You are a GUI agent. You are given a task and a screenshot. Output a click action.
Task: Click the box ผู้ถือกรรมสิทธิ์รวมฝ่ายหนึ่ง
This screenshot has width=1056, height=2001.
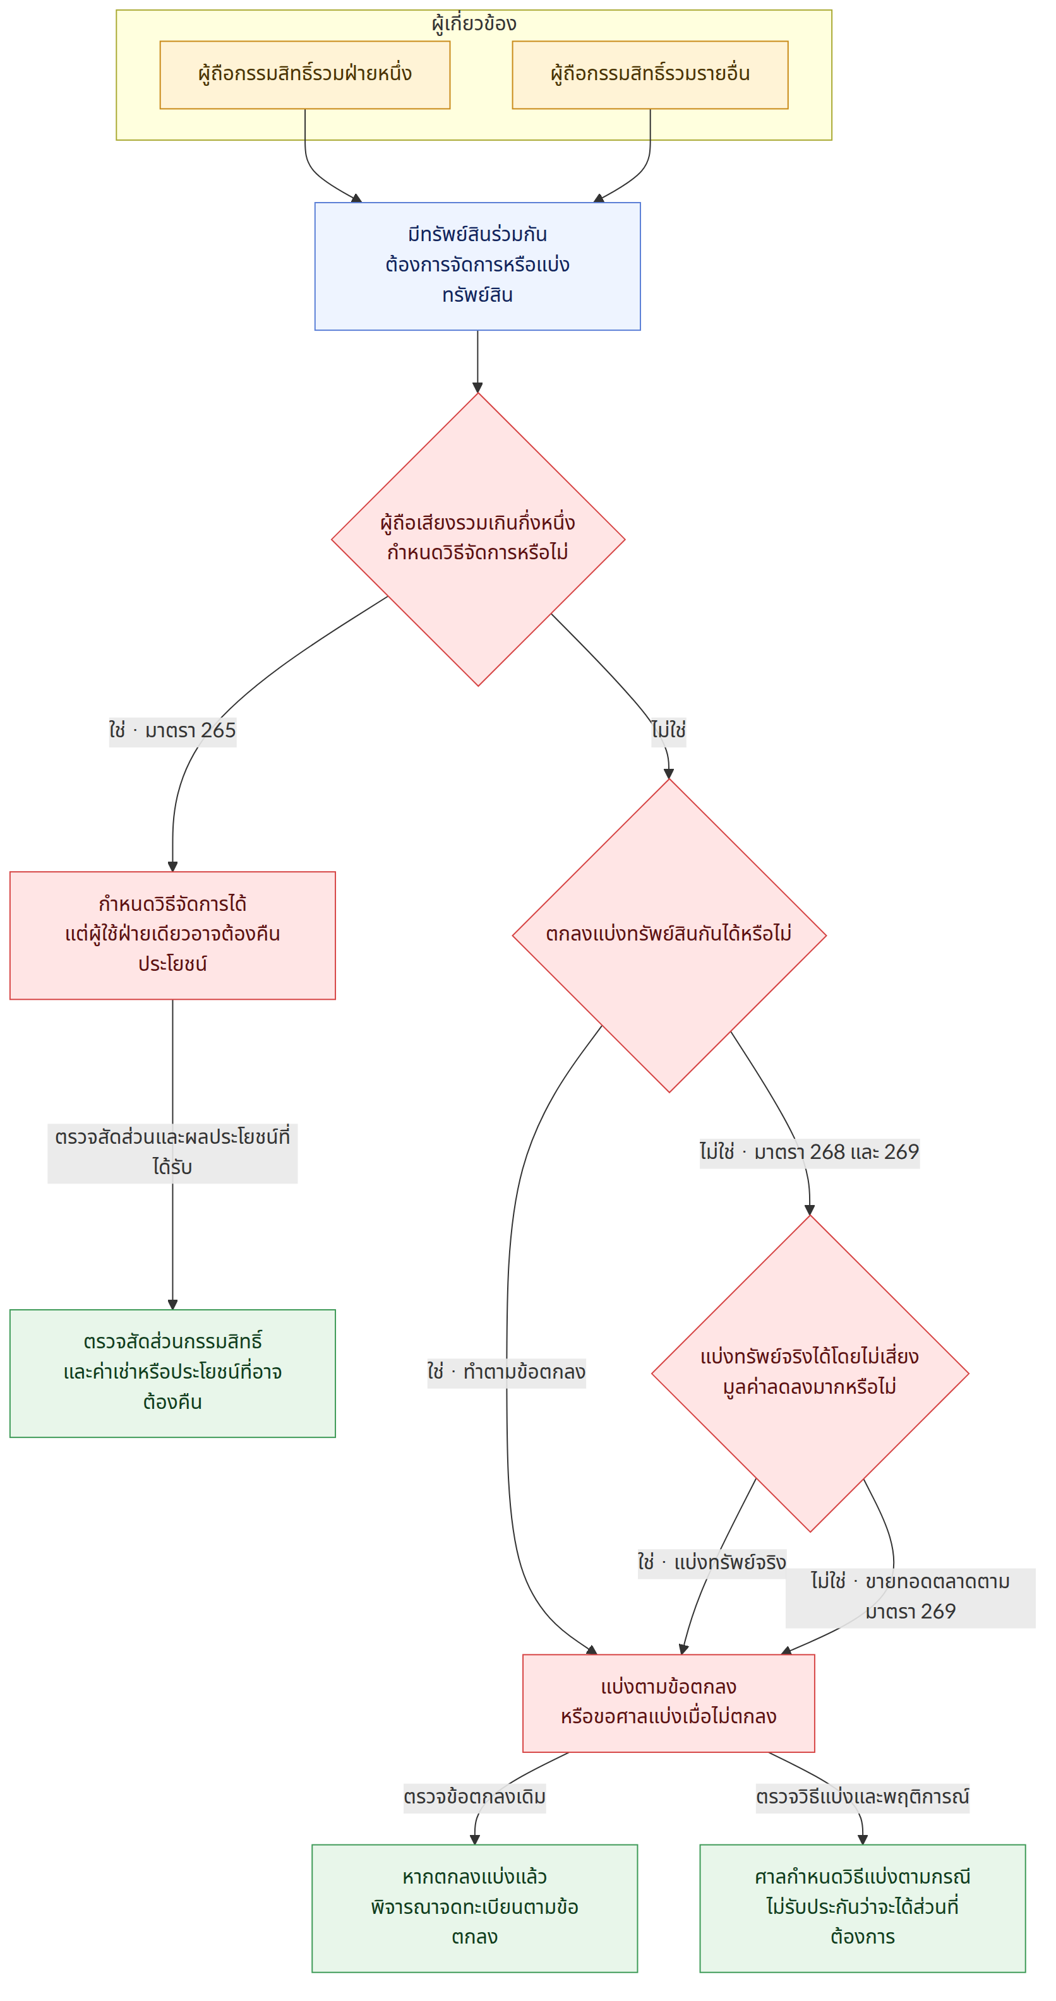pyautogui.click(x=304, y=74)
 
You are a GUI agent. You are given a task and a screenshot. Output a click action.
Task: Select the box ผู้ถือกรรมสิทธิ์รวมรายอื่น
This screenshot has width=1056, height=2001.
pyautogui.click(x=650, y=74)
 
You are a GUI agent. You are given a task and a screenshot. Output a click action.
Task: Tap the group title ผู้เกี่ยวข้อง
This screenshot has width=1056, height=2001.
pyautogui.click(x=474, y=23)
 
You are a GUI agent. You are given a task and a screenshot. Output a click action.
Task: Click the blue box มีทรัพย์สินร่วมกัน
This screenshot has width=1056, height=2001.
pyautogui.click(x=477, y=266)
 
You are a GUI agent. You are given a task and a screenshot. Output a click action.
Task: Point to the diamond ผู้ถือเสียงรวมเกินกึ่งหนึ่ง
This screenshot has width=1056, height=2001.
pyautogui.click(x=478, y=539)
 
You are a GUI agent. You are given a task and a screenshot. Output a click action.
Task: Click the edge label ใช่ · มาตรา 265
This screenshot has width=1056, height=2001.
pyautogui.click(x=172, y=730)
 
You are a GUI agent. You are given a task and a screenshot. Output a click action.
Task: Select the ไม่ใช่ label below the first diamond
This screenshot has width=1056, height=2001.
pyautogui.click(x=668, y=730)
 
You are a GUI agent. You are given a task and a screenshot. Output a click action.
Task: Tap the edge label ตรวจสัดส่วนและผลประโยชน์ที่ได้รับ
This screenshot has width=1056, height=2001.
pyautogui.click(x=172, y=1153)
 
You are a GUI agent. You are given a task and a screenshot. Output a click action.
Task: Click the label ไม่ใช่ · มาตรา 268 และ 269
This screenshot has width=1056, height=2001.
pyautogui.click(x=809, y=1152)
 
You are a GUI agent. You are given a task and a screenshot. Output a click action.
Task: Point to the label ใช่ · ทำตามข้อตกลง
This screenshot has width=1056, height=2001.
pyautogui.click(x=507, y=1372)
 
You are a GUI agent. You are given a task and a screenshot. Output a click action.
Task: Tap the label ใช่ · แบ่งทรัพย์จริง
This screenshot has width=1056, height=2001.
pyautogui.click(x=712, y=1562)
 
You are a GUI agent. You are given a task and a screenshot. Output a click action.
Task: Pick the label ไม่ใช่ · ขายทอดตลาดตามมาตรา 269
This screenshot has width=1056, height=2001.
pyautogui.click(x=911, y=1597)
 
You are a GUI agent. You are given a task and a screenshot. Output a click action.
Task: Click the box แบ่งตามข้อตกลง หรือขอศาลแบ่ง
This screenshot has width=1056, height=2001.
pyautogui.click(x=668, y=1702)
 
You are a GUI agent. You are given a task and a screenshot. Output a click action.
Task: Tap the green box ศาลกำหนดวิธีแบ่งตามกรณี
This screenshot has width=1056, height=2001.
pyautogui.click(x=863, y=1908)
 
